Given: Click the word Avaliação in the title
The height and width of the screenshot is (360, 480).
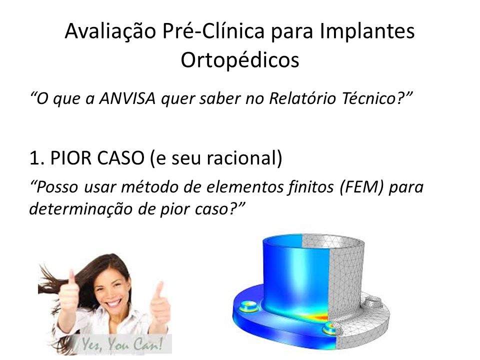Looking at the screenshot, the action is click(x=110, y=31).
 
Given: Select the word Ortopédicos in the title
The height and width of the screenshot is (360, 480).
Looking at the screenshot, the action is click(x=240, y=60).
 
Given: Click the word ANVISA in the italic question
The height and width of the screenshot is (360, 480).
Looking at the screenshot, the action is click(x=127, y=98).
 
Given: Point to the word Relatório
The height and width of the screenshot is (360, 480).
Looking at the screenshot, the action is click(x=302, y=98).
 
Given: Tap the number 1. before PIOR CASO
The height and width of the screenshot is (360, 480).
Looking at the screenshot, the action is click(x=37, y=158).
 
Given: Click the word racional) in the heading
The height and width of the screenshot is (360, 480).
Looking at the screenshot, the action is click(x=244, y=158).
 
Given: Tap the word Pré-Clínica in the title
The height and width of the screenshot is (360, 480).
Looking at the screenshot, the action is click(x=213, y=31).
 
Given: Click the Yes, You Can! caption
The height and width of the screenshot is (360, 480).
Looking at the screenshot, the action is click(x=122, y=344).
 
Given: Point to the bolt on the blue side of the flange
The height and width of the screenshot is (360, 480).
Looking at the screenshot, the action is click(x=248, y=306).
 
